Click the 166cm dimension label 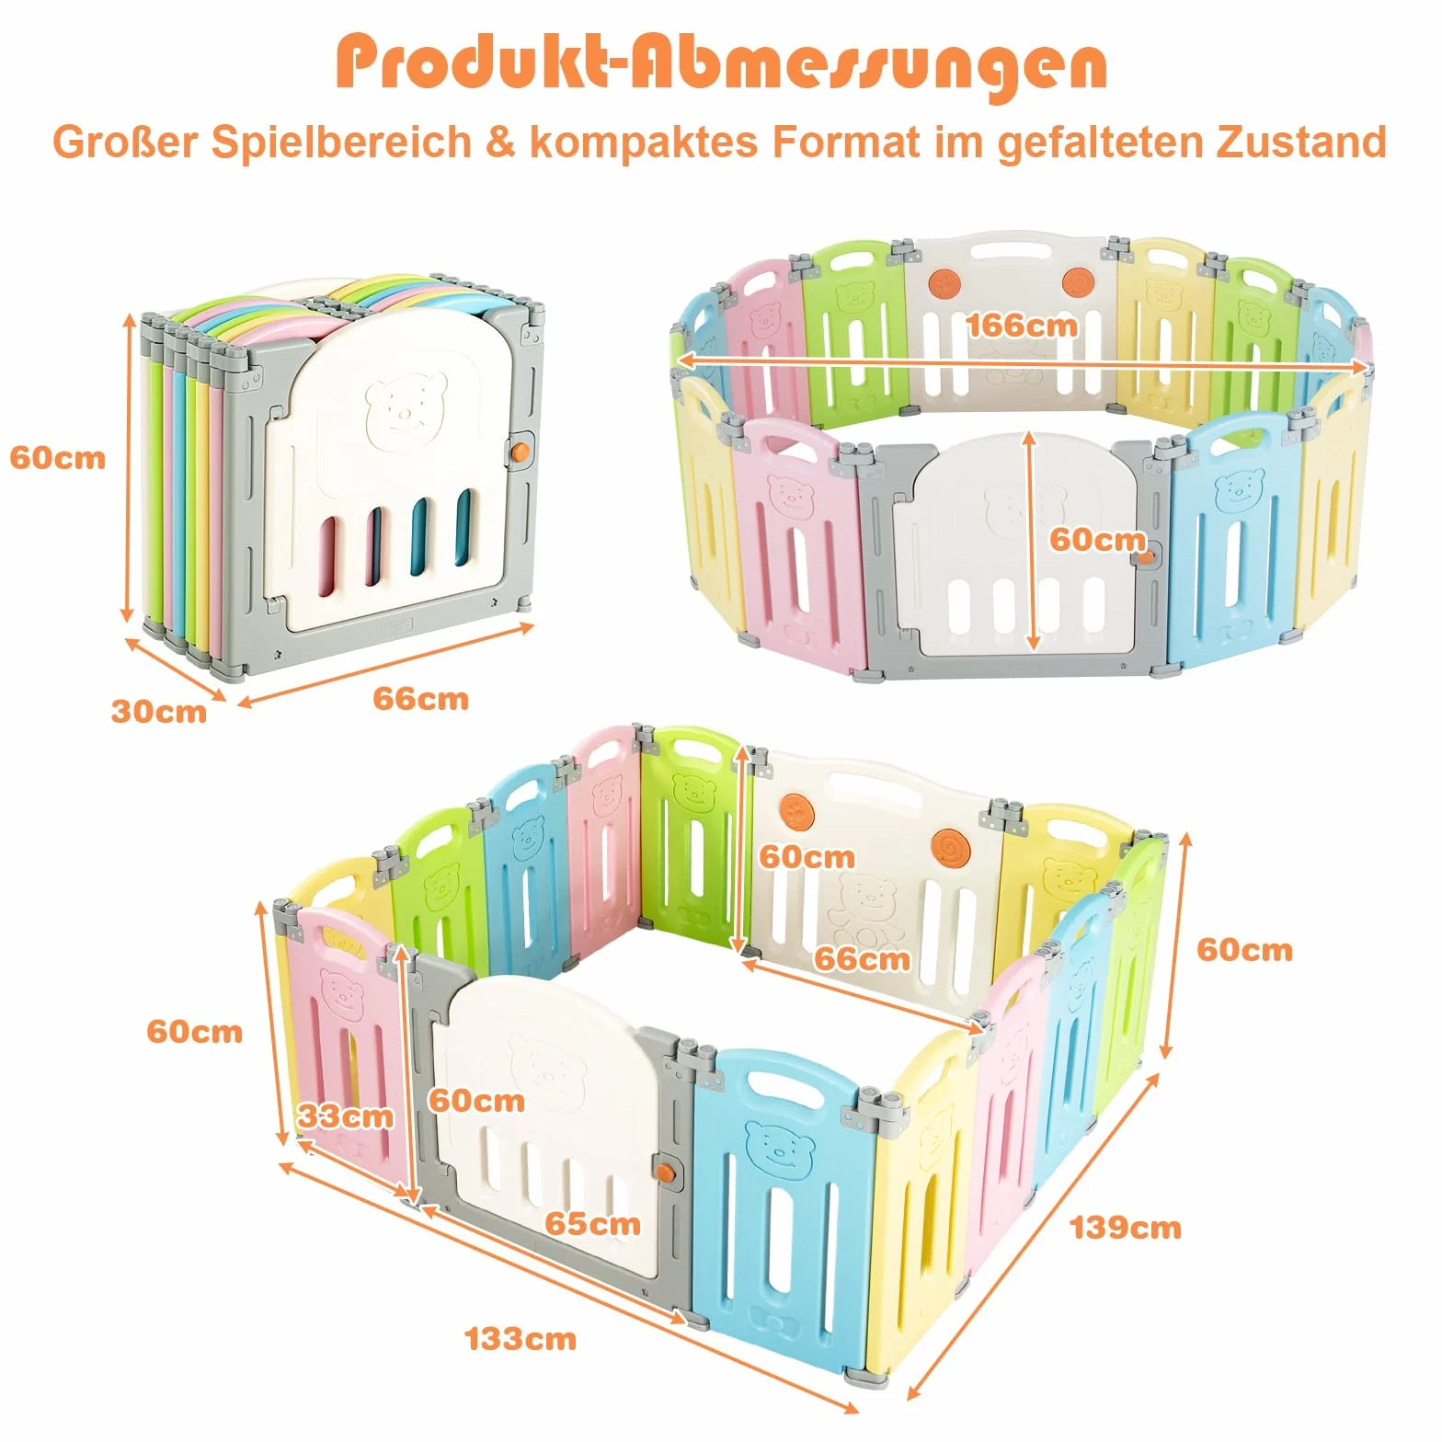coord(1021,325)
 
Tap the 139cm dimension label coord(1125,1227)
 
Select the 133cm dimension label coord(521,1338)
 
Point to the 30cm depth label coord(159,711)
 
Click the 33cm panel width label coord(345,1116)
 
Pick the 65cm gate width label coord(592,1223)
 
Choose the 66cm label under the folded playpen coord(420,698)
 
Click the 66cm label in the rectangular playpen coord(862,958)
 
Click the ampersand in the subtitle coord(499,143)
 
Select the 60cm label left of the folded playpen coord(58,457)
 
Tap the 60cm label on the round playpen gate coord(1097,539)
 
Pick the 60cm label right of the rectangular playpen coord(1244,949)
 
